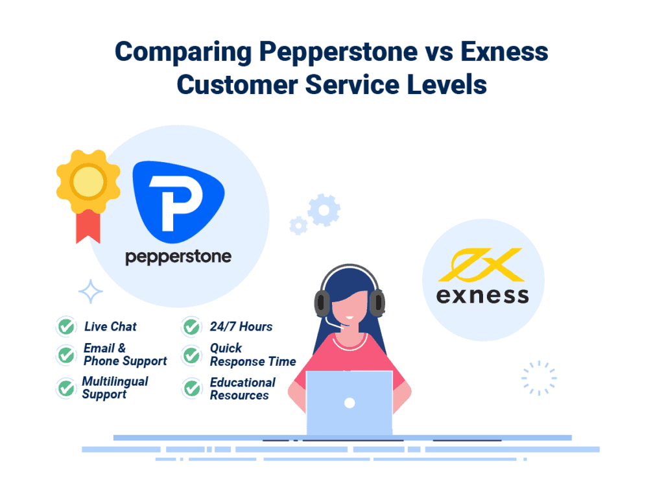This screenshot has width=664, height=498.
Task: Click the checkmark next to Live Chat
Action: [x=65, y=327]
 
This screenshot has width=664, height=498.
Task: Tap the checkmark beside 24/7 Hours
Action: [x=191, y=327]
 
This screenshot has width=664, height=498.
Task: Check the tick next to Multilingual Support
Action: [x=65, y=388]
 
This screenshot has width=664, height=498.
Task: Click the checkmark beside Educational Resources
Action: [x=191, y=388]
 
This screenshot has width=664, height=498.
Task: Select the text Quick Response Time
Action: [x=252, y=355]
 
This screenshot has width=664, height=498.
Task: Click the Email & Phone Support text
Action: [x=124, y=355]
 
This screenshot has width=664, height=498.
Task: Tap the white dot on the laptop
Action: [x=349, y=403]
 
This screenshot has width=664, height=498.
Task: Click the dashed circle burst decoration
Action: [x=539, y=378]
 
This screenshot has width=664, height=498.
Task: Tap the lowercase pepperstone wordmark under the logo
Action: [x=178, y=257]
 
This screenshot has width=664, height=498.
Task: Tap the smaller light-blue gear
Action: [x=298, y=225]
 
